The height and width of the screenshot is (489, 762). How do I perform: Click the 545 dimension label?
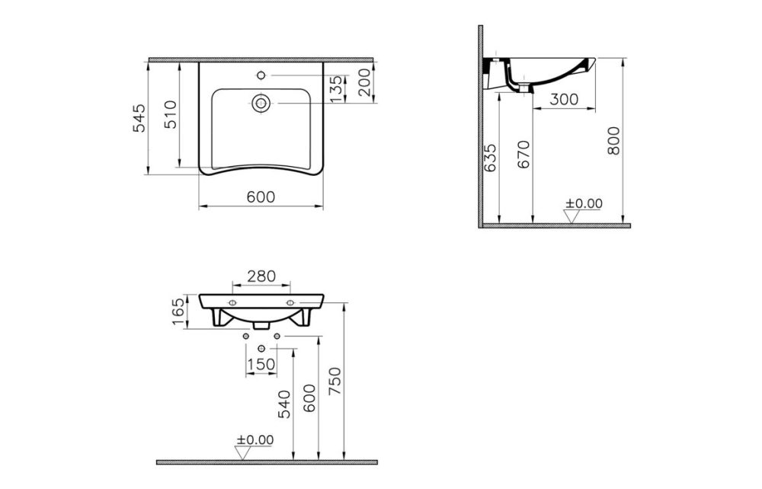pyautogui.click(x=139, y=118)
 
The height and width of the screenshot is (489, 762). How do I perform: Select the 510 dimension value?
pyautogui.click(x=170, y=114)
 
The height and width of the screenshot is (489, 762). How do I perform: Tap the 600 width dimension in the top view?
pyautogui.click(x=260, y=197)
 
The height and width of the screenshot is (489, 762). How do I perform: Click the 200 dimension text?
pyautogui.click(x=364, y=82)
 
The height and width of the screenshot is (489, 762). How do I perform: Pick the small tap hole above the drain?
pyautogui.click(x=261, y=75)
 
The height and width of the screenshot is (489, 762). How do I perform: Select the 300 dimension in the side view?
pyautogui.click(x=563, y=99)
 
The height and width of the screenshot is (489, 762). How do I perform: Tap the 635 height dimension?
pyautogui.click(x=490, y=158)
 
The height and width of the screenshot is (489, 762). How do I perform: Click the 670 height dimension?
pyautogui.click(x=523, y=155)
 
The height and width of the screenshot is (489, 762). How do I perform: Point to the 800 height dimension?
pyautogui.click(x=614, y=141)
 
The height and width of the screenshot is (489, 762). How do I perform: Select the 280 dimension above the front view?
pyautogui.click(x=261, y=276)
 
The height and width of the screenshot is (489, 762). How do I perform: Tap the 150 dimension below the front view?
pyautogui.click(x=261, y=365)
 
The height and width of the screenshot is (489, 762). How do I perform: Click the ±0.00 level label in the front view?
pyautogui.click(x=255, y=439)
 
